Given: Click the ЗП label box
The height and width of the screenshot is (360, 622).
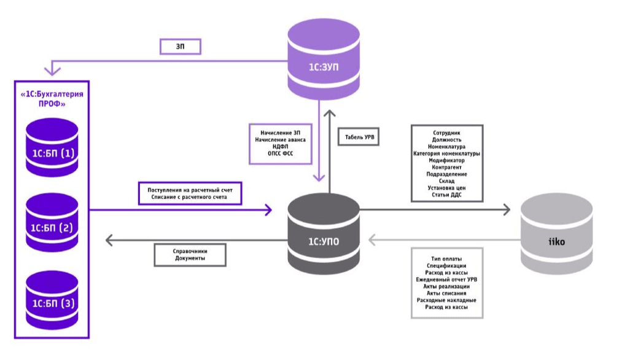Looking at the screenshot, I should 181,47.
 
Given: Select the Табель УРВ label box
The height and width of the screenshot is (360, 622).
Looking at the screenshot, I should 358,135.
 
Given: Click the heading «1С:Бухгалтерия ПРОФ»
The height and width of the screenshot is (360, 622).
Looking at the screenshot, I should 52,98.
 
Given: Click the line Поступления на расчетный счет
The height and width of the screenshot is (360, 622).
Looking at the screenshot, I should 190,189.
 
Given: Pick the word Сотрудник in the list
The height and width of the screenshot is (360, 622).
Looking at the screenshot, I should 446,133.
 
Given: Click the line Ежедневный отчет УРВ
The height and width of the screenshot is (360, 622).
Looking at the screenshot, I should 446,279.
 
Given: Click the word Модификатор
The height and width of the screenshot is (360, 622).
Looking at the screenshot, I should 446,160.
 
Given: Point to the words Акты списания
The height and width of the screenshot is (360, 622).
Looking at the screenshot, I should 446,293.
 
